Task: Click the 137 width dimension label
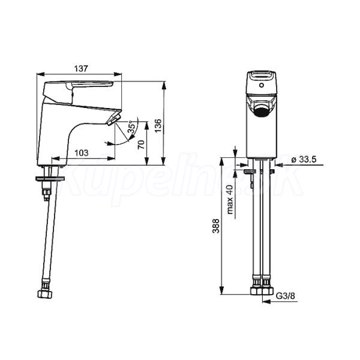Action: coord(81,68)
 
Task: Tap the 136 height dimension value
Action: coord(158,125)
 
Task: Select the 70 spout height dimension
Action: coord(142,145)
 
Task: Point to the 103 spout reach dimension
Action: coord(81,152)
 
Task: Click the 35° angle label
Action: coord(131,127)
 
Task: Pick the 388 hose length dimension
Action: coord(216,226)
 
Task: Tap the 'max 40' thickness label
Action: coord(230,199)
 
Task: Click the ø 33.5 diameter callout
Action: coord(304,160)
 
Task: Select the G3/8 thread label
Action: coord(285,296)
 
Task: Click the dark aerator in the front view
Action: coord(262,112)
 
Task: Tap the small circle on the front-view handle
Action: coord(261,85)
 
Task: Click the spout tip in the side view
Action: coord(114,119)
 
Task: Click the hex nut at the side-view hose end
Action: coord(45,293)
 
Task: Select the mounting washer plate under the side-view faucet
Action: coord(50,179)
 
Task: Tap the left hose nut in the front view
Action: coord(256,290)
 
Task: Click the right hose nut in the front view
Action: coord(268,290)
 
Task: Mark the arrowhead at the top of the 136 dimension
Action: coord(163,85)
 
